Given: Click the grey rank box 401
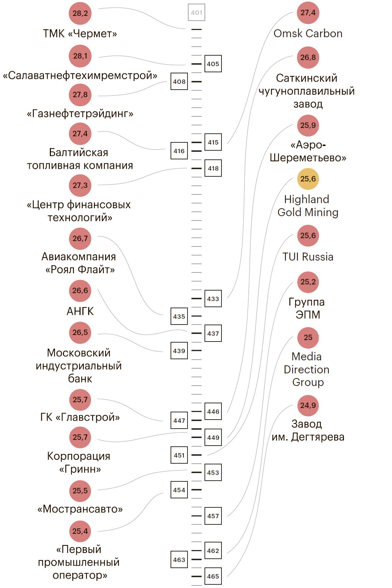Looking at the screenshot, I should [x=197, y=13].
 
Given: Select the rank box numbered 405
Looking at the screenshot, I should [x=213, y=64].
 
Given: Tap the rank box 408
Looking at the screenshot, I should [x=179, y=82].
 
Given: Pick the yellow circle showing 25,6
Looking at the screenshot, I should [x=308, y=179].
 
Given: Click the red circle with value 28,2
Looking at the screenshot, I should [x=80, y=13].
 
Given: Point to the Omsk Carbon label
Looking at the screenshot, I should [x=308, y=34].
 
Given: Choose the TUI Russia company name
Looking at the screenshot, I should [x=308, y=257].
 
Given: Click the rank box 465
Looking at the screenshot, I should [x=213, y=576].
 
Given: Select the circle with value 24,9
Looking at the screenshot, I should [x=308, y=405].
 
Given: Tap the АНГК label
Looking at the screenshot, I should [x=80, y=311].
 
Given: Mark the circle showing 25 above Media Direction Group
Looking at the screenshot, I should [x=308, y=338].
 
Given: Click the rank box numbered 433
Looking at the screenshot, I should [x=213, y=299].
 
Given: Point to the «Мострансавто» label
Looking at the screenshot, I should [x=80, y=509].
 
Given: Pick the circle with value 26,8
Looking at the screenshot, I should [x=308, y=57].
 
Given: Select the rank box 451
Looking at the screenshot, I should [x=179, y=455].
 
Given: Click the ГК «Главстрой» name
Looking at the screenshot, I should [x=80, y=417].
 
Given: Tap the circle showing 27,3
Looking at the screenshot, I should [x=80, y=185].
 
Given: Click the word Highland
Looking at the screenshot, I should [x=306, y=199].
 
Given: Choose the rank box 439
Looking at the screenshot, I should [x=179, y=351].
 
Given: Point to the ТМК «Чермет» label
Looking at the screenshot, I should [x=80, y=34].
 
